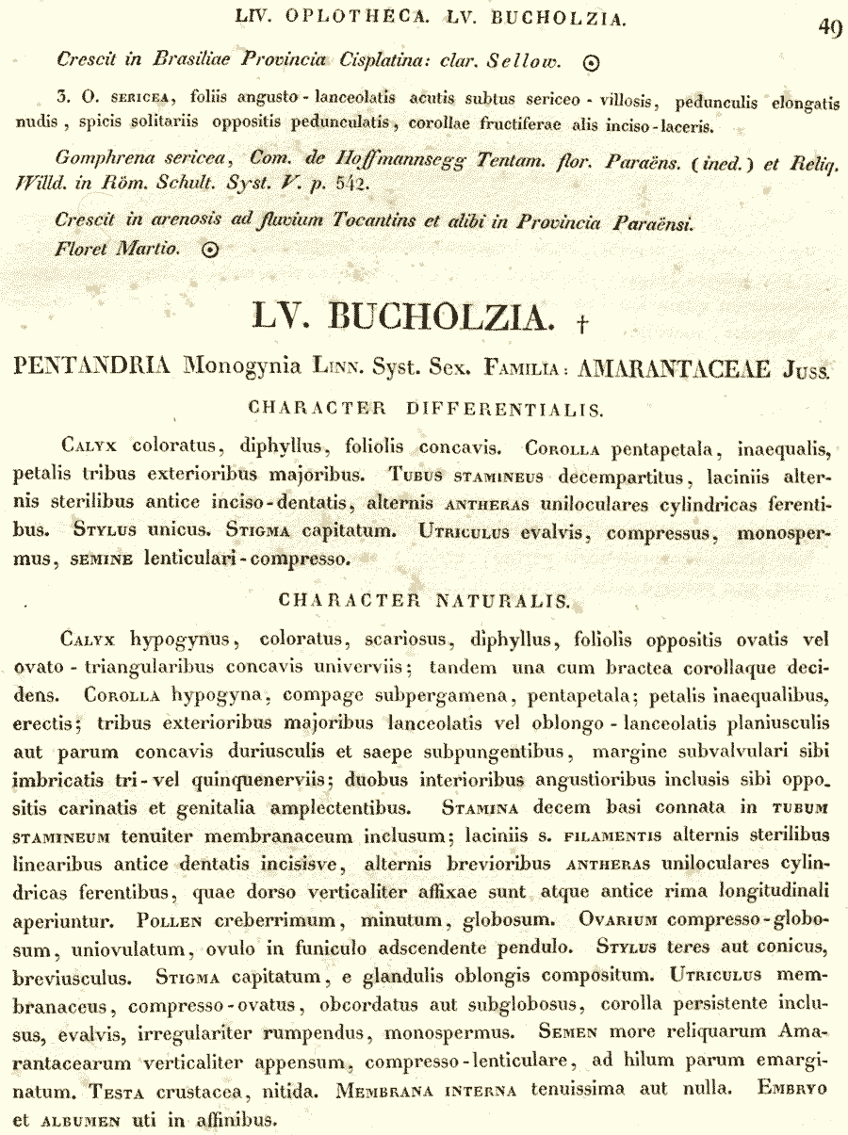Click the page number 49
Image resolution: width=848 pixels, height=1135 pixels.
pos(830,28)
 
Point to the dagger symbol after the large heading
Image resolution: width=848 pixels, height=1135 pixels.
pos(583,324)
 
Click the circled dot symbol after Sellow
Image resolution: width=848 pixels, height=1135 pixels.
pos(592,63)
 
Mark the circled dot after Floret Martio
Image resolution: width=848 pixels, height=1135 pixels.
pos(211,250)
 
